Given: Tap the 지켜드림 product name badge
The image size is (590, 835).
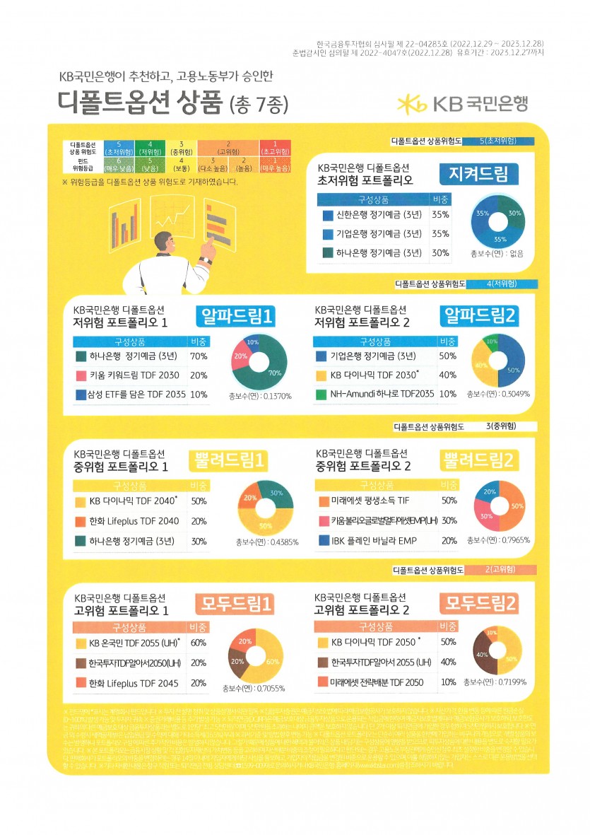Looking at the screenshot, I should pos(478,173).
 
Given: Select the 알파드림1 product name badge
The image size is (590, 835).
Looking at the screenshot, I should pos(228,315).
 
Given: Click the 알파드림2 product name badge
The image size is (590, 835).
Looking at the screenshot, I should pos(479,315).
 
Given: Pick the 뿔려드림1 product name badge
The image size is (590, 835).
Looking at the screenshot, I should pos(229,461).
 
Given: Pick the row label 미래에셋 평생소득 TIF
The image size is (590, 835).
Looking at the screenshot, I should pos(370,501).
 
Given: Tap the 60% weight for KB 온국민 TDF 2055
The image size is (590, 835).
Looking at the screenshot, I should pos(199,643).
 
